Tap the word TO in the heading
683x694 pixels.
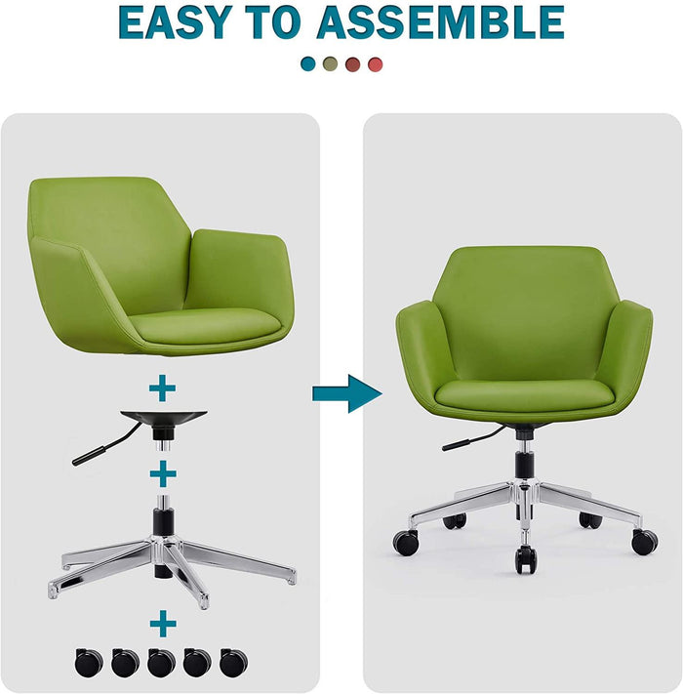285,21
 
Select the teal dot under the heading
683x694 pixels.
308,64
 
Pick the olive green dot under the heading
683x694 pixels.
331,64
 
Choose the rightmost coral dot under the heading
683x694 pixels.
376,64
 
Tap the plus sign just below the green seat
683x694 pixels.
163,388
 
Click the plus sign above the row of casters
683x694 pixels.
163,623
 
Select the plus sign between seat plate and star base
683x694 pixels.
163,472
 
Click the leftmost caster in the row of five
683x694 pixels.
88,663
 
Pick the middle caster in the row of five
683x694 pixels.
161,663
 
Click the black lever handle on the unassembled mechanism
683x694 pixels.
89,454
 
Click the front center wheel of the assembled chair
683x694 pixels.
526,557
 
